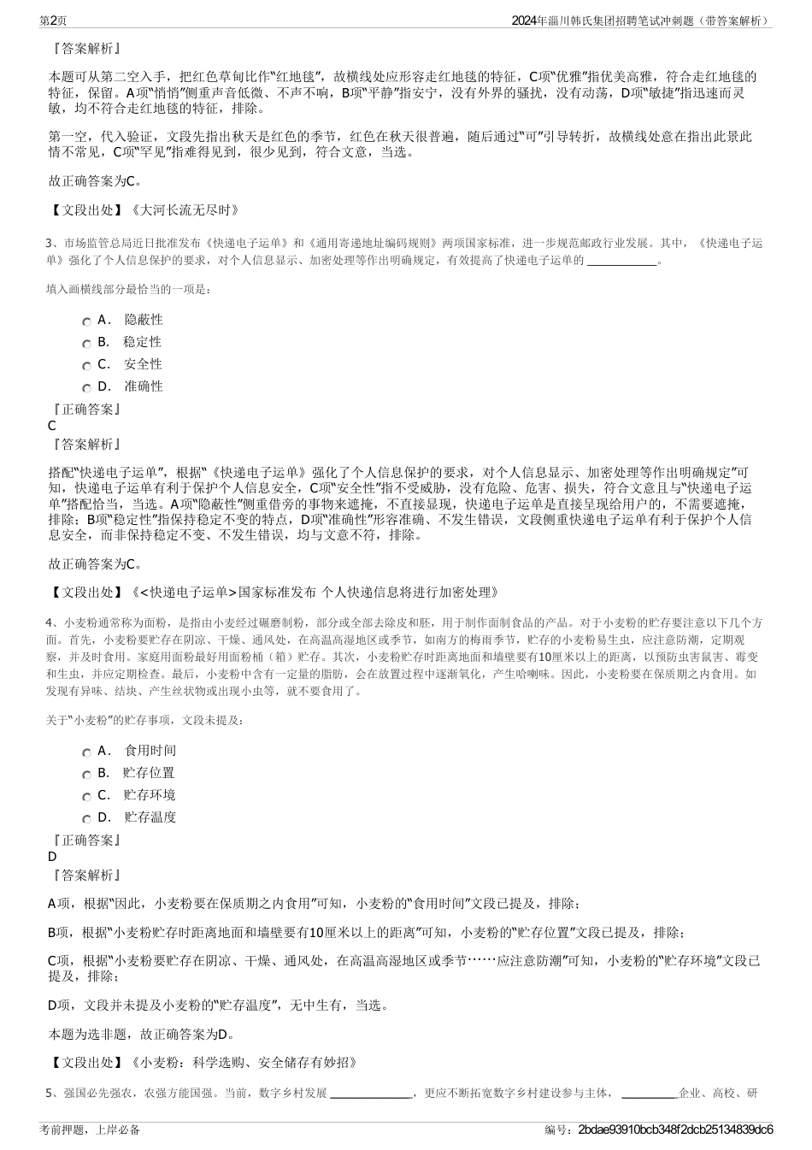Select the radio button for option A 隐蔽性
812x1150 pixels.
pos(87,321)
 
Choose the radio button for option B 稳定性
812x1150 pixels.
pos(87,344)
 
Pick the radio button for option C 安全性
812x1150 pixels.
pos(87,366)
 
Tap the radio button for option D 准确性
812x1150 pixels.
pos(87,388)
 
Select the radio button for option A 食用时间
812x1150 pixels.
pos(87,752)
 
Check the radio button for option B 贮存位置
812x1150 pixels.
pos(87,775)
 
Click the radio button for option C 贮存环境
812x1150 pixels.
pos(87,797)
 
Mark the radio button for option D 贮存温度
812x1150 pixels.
pos(87,819)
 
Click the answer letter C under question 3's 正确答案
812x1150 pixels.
pos(52,426)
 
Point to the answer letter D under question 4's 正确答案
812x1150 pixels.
pos(52,857)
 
